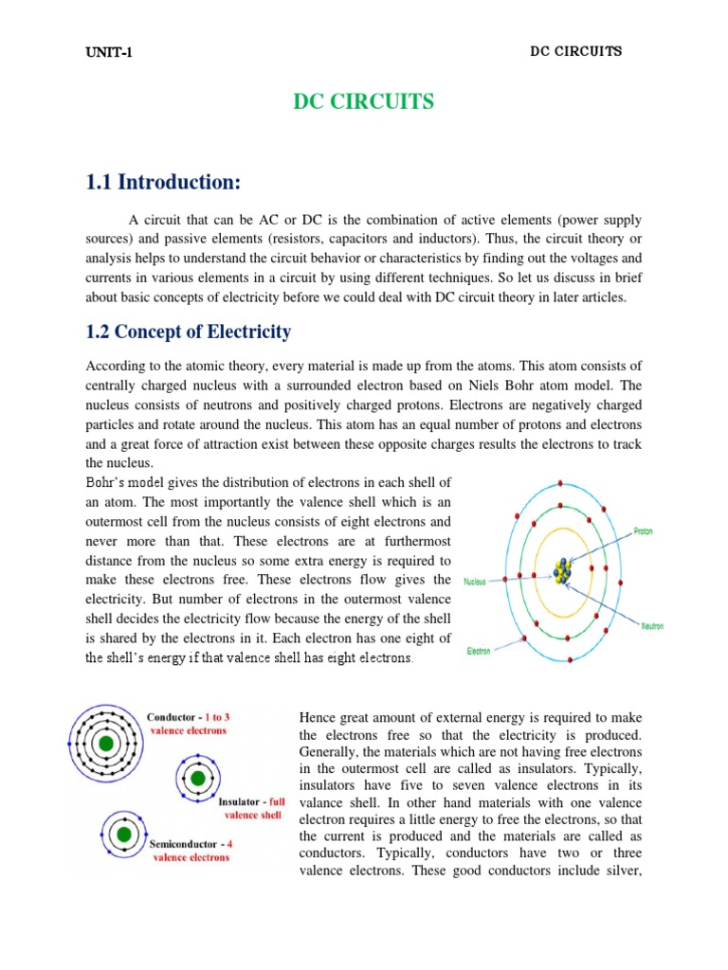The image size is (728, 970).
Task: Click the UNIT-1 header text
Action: point(109,52)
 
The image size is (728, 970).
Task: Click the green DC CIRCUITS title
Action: point(364,102)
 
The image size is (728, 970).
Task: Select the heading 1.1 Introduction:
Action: point(170,181)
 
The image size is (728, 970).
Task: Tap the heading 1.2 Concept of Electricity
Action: point(188,332)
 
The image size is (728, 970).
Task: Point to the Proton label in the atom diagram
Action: point(648,532)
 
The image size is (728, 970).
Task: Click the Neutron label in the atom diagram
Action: point(654,626)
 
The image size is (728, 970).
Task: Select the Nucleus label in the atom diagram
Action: point(475,582)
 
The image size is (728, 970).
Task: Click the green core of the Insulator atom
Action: point(197,778)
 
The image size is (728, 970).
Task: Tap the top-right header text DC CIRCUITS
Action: point(575,51)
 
